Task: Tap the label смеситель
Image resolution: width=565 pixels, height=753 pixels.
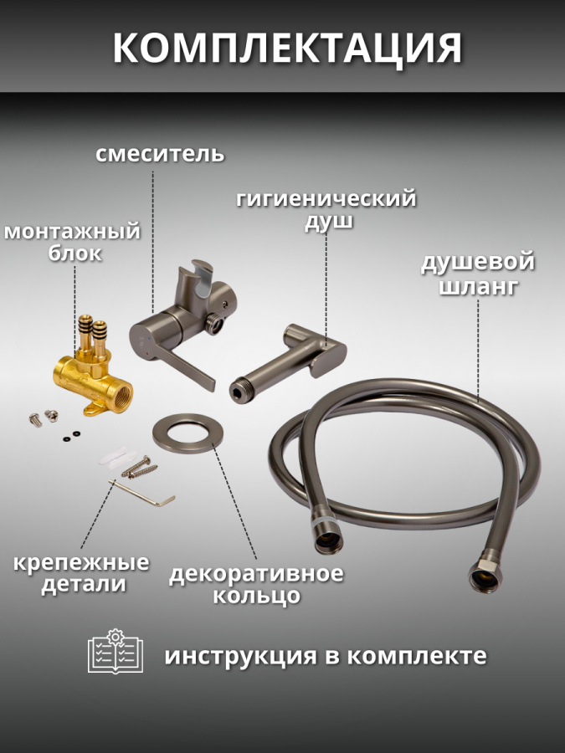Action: point(159,154)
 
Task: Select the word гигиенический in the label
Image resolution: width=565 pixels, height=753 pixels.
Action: point(326,199)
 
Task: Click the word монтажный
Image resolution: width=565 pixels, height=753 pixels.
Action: point(72,231)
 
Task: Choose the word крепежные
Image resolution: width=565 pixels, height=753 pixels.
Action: point(81,562)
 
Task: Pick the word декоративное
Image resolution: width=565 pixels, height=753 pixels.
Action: point(256,574)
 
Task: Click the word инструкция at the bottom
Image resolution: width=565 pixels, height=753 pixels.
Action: point(236,655)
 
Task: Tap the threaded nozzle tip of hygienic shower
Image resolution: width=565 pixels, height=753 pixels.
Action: point(238,384)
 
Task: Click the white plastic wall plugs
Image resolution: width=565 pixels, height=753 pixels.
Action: point(114,454)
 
